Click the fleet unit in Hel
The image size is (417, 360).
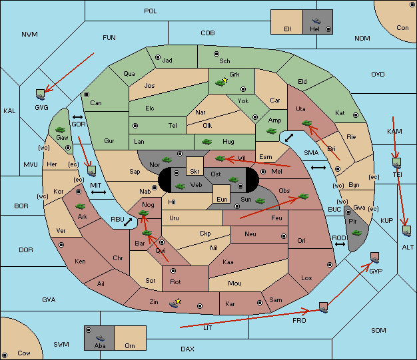[x=316, y=21]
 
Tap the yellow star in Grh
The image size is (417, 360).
[x=225, y=80]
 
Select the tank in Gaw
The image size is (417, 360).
[x=60, y=130]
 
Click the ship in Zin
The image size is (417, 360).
[x=174, y=303]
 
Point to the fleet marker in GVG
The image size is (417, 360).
[x=40, y=94]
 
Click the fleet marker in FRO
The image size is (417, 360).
[x=323, y=307]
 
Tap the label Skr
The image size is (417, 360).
[x=195, y=172]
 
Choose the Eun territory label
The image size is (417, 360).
[x=222, y=199]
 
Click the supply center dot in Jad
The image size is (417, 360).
[x=158, y=57]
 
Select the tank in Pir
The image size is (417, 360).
[x=356, y=233]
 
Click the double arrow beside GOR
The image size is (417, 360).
[x=77, y=117]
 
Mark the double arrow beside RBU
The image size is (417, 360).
[x=128, y=222]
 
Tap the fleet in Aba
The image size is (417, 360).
[x=100, y=338]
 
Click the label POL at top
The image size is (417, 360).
[x=151, y=11]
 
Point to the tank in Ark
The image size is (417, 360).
[x=80, y=206]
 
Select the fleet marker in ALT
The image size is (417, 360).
[x=406, y=231]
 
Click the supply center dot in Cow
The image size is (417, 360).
[x=5, y=355]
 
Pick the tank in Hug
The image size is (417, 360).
[x=207, y=142]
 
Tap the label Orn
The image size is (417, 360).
[x=130, y=345]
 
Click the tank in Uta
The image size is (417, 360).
[x=306, y=123]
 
